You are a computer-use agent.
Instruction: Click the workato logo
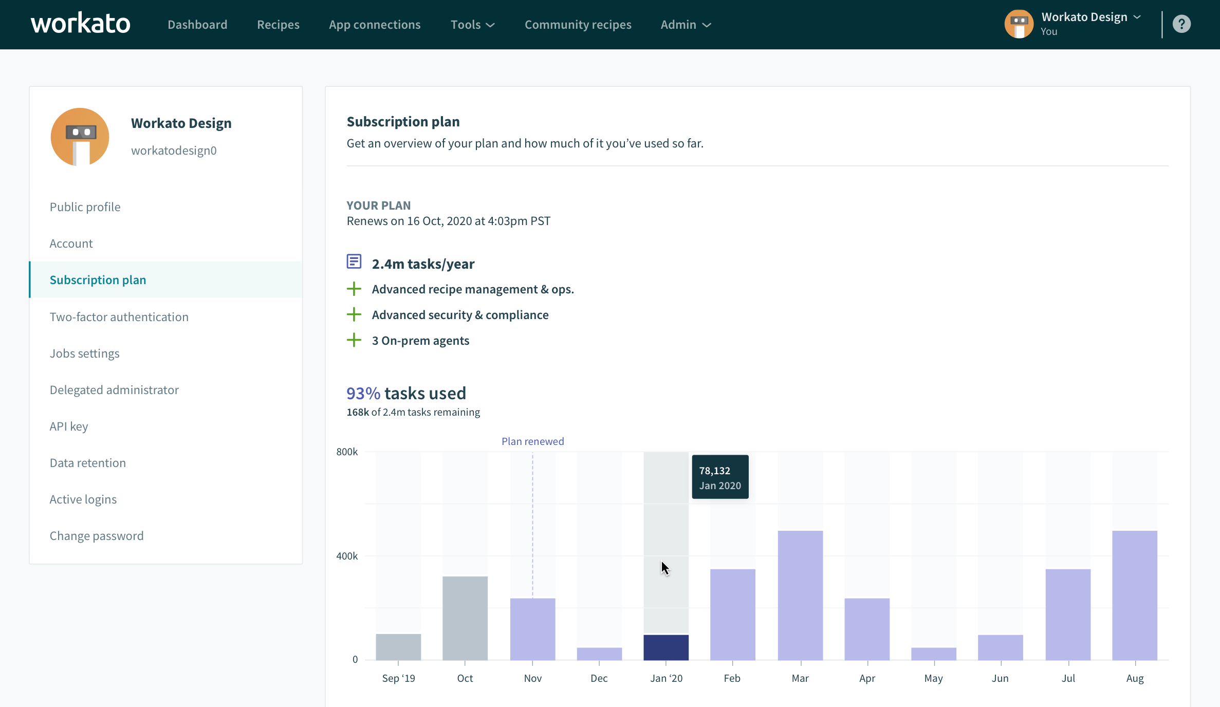coord(81,24)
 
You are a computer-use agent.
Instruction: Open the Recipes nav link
coord(278,25)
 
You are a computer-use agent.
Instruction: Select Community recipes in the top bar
coord(578,25)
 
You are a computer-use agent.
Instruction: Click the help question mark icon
coord(1181,24)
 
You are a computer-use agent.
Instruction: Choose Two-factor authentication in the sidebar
coord(119,317)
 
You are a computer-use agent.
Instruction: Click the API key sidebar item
coord(69,426)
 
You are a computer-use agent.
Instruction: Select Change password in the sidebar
coord(97,536)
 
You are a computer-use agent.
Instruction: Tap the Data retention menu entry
coord(88,463)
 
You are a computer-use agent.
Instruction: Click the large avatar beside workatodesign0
coord(80,137)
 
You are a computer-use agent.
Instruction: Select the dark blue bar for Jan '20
coord(666,647)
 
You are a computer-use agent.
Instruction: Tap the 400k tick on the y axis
coord(347,556)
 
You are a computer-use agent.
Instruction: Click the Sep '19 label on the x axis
coord(398,678)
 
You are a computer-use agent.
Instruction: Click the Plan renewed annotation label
coord(532,441)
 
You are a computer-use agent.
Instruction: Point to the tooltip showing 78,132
coord(720,477)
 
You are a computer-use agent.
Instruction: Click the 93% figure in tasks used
coord(363,394)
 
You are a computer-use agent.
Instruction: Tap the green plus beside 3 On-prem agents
coord(354,340)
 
